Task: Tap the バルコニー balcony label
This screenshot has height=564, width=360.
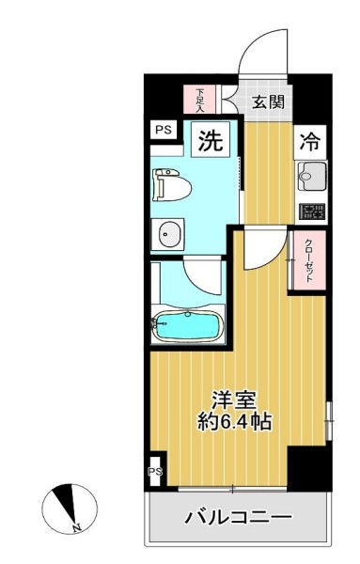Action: click(x=237, y=516)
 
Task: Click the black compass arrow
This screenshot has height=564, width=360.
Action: click(x=66, y=506)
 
